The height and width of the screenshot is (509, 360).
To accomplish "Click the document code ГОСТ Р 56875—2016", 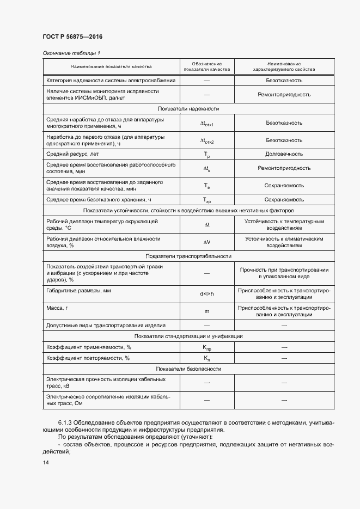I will [x=72, y=36].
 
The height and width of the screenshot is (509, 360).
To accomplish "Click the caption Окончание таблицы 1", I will [x=71, y=53].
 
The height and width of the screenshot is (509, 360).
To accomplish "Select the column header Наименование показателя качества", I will [x=110, y=66].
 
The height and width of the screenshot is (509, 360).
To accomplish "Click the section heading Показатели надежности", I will [x=188, y=108].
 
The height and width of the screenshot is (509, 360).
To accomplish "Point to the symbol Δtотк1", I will [x=207, y=124].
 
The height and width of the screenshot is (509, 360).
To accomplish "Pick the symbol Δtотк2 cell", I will [x=207, y=140].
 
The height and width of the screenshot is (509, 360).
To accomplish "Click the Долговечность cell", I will [x=284, y=155].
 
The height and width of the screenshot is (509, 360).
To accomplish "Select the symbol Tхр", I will [x=207, y=200].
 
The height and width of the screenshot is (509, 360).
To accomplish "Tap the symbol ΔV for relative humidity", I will [x=207, y=242].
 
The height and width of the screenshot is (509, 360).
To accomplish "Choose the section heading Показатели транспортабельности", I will [x=188, y=256].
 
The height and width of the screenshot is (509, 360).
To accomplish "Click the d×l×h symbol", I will [x=207, y=294].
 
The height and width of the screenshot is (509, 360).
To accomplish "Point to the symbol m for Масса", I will [x=207, y=311].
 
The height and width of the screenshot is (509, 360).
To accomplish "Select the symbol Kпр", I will [x=207, y=347].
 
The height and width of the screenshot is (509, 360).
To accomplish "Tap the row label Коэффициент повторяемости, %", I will [x=88, y=358].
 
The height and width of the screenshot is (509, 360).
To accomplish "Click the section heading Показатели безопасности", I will [x=188, y=369].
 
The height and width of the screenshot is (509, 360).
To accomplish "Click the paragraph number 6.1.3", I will [x=66, y=422].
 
